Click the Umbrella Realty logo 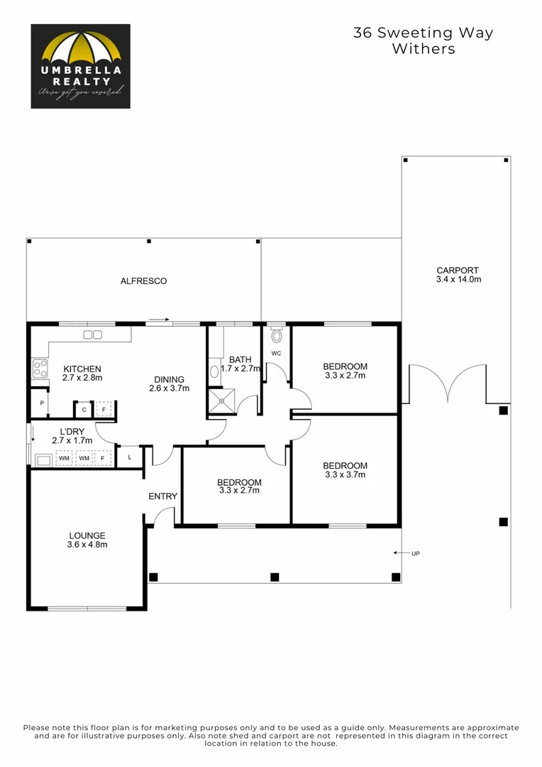point(80,66)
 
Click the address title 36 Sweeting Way point(423,33)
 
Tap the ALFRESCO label point(143,281)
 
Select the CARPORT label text point(458,271)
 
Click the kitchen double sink point(92,334)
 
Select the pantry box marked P point(42,403)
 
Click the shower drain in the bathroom point(221,401)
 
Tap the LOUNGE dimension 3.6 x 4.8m point(87,545)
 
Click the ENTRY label point(162,496)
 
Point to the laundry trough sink point(42,459)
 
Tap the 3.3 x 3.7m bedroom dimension point(345,475)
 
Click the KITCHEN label point(82,369)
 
